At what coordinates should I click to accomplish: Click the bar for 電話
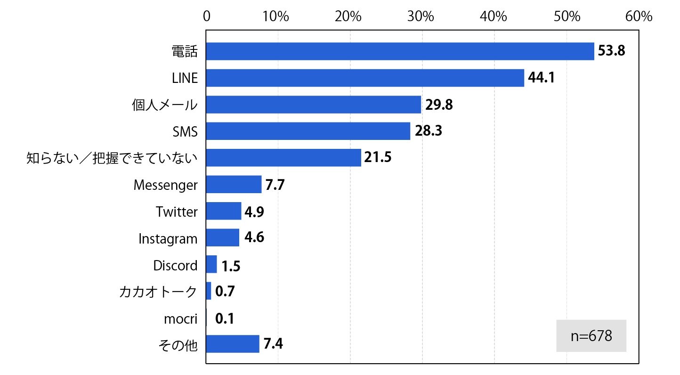tap(400, 51)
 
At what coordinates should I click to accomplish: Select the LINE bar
tap(365, 78)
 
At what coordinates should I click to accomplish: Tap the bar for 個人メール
tap(314, 105)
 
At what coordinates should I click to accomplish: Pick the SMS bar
tap(308, 131)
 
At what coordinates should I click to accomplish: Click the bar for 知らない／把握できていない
tap(283, 158)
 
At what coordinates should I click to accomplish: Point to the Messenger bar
tap(234, 184)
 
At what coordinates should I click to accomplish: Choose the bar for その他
tap(233, 344)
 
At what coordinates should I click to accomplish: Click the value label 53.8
tap(611, 51)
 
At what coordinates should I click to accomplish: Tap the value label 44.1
tap(541, 77)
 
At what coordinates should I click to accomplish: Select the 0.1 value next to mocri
tap(225, 318)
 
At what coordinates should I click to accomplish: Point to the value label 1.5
tap(231, 266)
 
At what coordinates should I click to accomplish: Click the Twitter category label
tap(177, 212)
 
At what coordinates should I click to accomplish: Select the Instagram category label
tap(168, 239)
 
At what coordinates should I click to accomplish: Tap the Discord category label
tap(175, 265)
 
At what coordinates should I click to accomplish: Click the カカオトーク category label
tap(158, 292)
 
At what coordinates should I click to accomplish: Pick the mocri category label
tap(181, 319)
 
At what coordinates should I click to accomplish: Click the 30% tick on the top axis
tap(421, 16)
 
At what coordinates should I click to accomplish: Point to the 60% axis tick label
tap(639, 16)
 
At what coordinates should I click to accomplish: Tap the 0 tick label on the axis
tap(207, 16)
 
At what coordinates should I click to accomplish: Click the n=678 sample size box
tap(591, 336)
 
